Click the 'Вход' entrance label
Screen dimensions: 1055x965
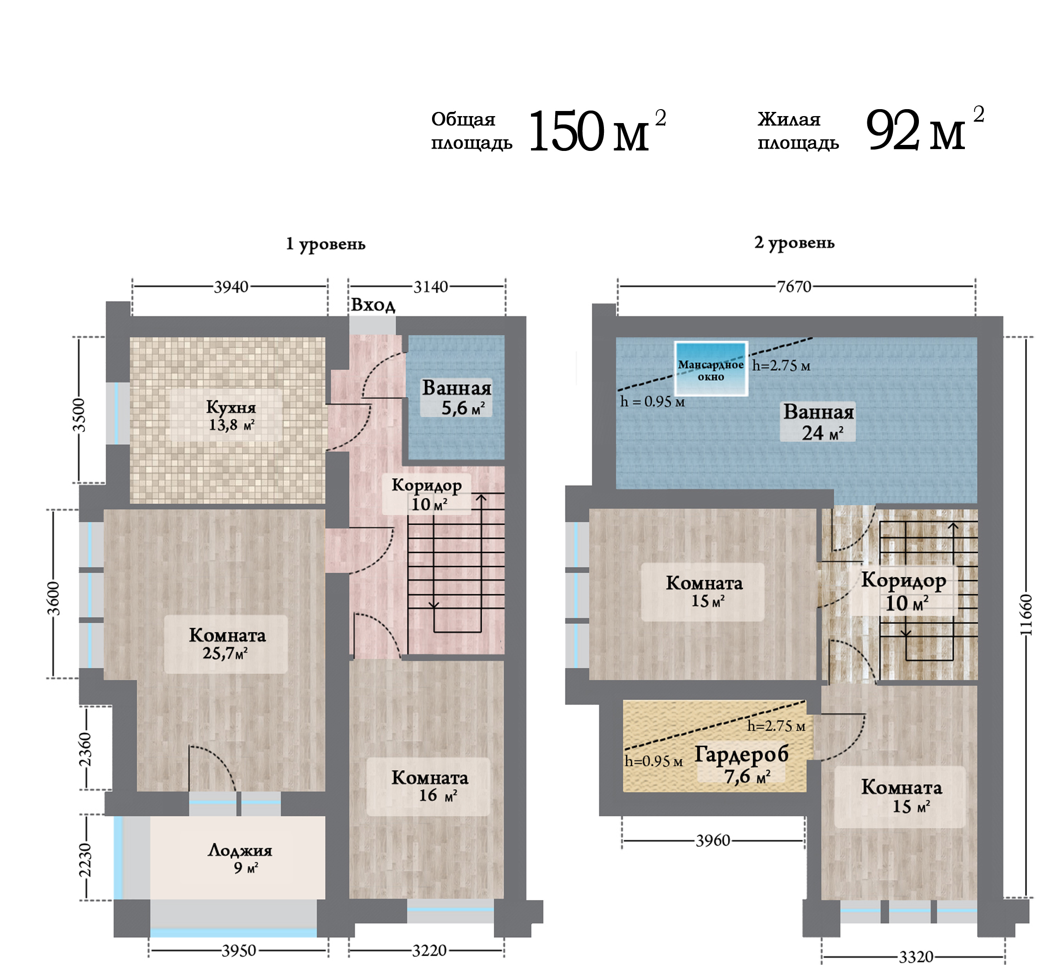click(373, 305)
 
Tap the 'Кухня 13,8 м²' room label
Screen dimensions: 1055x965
click(231, 415)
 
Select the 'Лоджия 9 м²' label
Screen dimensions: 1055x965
click(240, 858)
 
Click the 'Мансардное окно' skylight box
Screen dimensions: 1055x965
click(711, 369)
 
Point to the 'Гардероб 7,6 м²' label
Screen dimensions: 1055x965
click(741, 765)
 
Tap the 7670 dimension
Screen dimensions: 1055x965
click(794, 287)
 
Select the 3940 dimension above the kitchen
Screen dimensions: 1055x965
click(231, 287)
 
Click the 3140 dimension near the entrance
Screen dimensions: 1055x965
click(431, 287)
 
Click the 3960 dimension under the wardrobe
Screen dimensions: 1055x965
click(713, 841)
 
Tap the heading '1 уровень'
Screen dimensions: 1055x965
click(326, 244)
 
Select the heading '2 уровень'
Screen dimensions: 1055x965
click(794, 243)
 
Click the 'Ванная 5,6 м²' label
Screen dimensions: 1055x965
click(457, 398)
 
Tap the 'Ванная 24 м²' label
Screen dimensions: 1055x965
click(819, 422)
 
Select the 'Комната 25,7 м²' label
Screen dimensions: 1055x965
click(227, 644)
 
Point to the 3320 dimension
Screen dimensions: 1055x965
click(916, 957)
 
